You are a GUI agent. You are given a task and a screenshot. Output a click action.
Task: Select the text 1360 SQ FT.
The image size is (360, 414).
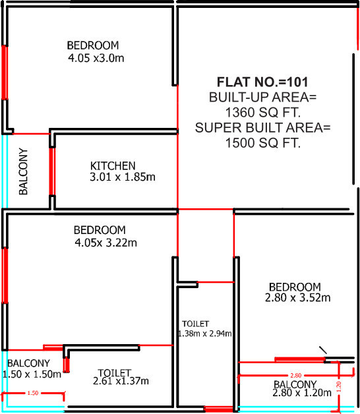coord(263,111)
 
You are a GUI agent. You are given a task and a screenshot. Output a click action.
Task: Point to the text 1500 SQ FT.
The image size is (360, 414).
coord(263,142)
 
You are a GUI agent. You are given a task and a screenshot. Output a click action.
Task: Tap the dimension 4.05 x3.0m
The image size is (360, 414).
coord(96,58)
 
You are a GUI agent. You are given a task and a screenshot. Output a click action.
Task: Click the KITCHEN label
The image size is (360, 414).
coord(113,165)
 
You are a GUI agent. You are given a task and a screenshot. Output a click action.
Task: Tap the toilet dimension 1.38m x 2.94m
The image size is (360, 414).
coord(205,334)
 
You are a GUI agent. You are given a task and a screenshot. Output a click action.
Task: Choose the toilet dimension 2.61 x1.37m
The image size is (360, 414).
coord(121,381)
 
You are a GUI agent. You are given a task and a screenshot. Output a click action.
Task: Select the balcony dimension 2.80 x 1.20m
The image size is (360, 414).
coord(300,394)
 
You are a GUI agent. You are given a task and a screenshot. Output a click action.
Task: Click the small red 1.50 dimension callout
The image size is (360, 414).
coord(32,394)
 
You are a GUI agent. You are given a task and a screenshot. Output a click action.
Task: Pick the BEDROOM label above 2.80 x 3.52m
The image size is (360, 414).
coord(295,287)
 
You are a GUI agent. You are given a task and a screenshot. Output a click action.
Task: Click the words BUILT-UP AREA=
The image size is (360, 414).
coord(263,97)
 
